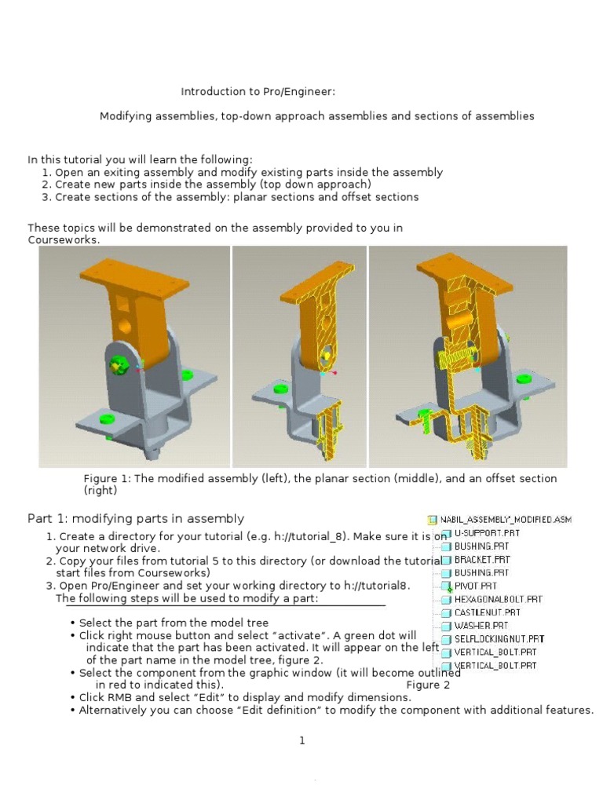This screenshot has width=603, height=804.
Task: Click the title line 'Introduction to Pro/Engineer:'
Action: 258,92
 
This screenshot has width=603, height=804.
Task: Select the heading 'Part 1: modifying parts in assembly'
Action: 136,518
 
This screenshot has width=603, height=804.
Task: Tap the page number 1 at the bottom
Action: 301,740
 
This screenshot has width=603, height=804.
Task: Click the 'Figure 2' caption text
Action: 428,685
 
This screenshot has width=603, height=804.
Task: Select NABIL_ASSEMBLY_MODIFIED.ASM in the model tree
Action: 506,520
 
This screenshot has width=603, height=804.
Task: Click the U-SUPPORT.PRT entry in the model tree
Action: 486,533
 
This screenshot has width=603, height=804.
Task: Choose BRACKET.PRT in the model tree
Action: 481,560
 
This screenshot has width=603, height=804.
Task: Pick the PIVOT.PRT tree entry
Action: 475,586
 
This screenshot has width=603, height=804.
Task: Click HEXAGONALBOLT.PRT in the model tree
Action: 498,599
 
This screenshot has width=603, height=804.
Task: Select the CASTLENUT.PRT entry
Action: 487,612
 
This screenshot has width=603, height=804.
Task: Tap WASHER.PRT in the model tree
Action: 481,626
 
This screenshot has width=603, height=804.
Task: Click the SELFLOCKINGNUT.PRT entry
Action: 499,639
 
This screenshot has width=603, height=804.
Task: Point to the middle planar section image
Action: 299,356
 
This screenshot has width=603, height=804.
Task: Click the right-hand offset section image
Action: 468,356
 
